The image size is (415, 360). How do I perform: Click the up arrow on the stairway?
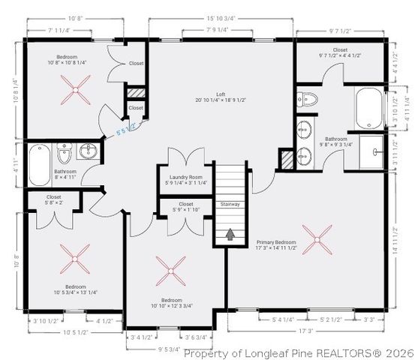pyautogui.click(x=230, y=235)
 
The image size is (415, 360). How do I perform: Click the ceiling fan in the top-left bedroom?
pyautogui.click(x=74, y=93)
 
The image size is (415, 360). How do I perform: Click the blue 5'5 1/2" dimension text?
pyautogui.click(x=125, y=130)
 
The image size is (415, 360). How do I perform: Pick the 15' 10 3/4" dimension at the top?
pyautogui.click(x=221, y=18)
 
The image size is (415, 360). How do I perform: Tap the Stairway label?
pyautogui.click(x=230, y=204)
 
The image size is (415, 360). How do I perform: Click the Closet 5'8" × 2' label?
pyautogui.click(x=54, y=199)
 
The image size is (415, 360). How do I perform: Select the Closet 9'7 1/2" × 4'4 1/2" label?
pyautogui.click(x=341, y=53)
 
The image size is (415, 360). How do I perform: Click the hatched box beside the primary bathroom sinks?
pyautogui.click(x=286, y=160)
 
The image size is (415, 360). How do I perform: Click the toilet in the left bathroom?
pyautogui.click(x=64, y=156)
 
